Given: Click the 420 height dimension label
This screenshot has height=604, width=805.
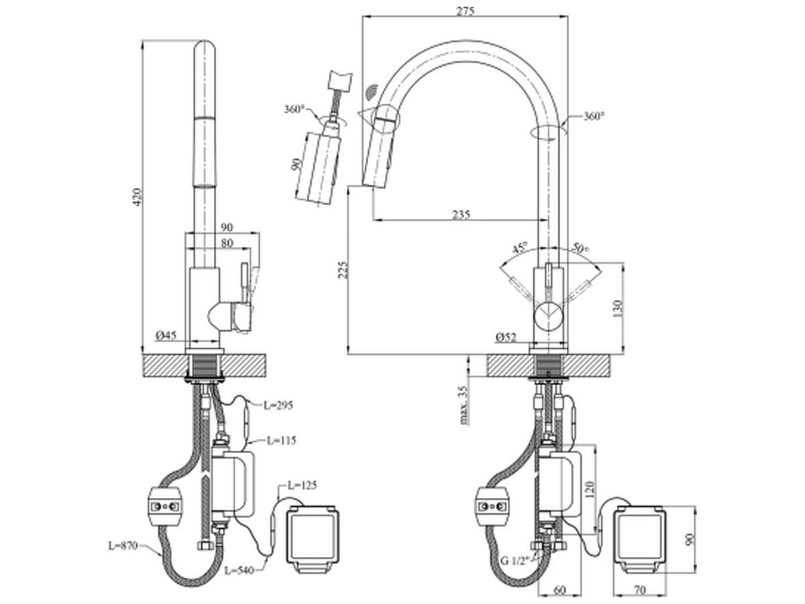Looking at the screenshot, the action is click(136, 197).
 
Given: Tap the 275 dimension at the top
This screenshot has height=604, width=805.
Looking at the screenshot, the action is click(465, 11).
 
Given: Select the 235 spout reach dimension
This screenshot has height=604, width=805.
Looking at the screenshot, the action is click(461, 214).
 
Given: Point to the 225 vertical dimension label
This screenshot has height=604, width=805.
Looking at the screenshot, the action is click(342, 270).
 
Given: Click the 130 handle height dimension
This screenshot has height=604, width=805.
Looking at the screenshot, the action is click(617, 309).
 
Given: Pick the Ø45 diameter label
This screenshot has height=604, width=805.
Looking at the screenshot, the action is click(166, 335).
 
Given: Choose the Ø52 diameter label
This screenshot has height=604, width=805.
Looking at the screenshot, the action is click(506, 337).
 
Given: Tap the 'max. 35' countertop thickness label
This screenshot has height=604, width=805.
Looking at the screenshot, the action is click(464, 405).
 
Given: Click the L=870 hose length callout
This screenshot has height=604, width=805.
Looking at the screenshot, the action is click(123, 546).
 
